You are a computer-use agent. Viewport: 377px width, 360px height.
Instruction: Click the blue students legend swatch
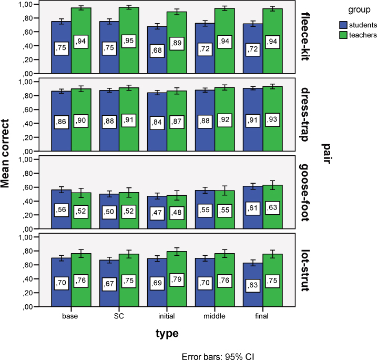click(342, 25)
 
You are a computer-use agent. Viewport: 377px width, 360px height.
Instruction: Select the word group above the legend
click(356, 10)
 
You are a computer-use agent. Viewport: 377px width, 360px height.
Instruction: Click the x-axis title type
click(167, 334)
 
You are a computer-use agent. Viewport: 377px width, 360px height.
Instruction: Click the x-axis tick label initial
click(167, 316)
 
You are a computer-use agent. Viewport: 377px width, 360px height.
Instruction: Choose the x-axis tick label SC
click(119, 316)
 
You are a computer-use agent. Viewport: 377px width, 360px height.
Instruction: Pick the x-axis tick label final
click(261, 316)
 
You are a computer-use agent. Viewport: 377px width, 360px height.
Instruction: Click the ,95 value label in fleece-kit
click(129, 41)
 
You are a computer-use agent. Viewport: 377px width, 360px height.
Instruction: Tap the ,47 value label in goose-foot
click(157, 212)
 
